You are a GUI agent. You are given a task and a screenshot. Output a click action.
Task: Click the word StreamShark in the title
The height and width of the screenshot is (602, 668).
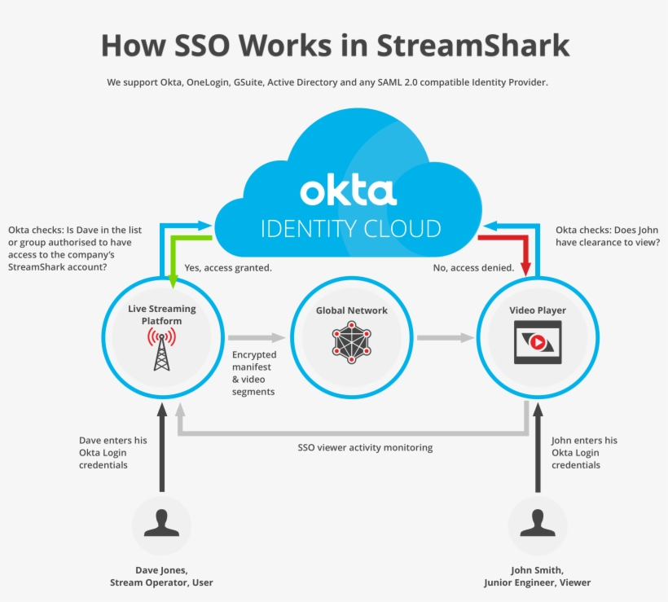point(472,45)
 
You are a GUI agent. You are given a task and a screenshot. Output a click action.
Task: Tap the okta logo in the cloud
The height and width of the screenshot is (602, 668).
point(348,191)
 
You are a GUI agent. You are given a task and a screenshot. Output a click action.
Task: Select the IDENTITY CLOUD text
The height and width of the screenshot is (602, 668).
point(350,228)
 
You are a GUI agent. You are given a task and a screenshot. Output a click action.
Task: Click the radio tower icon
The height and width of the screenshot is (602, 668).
point(160,349)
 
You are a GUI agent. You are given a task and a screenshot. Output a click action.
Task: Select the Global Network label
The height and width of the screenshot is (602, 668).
point(351,310)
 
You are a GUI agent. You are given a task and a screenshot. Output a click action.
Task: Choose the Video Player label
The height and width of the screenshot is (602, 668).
point(538,310)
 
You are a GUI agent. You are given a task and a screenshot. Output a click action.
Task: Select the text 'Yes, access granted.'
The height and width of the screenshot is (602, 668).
point(228,267)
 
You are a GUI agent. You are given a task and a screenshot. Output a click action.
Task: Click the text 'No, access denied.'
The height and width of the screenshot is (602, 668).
point(472,267)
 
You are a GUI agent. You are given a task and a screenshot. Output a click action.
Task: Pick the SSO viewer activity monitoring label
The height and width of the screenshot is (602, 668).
point(365,447)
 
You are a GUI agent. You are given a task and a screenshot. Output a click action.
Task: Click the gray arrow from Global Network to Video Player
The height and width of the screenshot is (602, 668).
point(445,337)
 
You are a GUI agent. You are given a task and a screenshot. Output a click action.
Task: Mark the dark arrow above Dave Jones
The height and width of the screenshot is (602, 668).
point(161,448)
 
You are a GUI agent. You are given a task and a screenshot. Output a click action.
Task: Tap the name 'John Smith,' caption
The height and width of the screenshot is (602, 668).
point(537,570)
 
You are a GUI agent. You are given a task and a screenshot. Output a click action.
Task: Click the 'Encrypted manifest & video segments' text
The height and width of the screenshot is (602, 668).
point(254,373)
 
